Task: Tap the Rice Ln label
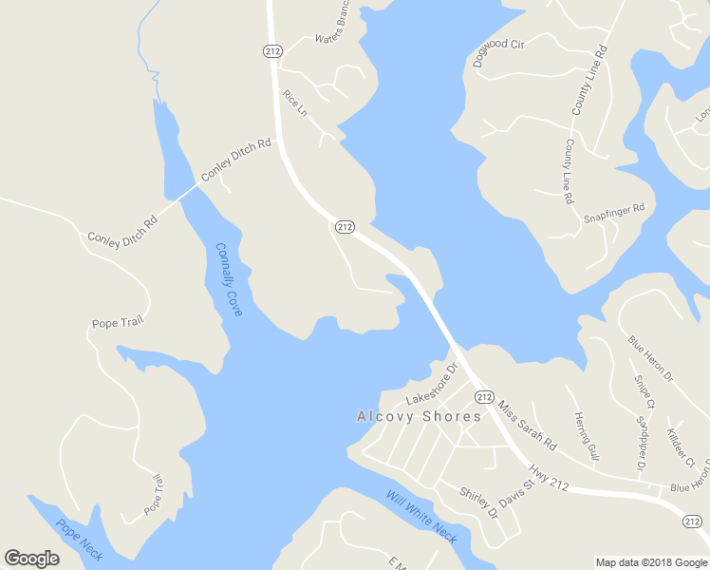[x=296, y=103]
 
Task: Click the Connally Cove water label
[x=229, y=279]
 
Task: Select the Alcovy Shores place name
[x=419, y=416]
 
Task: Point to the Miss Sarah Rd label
[x=527, y=425]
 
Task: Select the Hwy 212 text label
[x=550, y=476]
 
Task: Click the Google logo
[x=31, y=559]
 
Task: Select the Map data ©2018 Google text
[x=651, y=562]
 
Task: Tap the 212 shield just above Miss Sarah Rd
[x=484, y=396]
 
